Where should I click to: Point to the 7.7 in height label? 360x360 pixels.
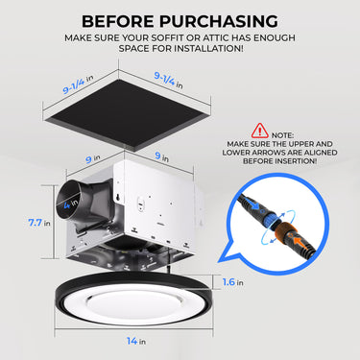(39, 222)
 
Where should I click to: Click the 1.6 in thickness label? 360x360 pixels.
(249, 282)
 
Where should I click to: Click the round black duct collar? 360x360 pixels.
(77, 204)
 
